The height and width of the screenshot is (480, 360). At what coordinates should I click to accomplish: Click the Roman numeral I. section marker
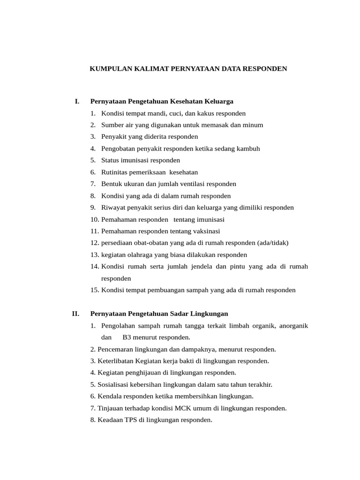(x=77, y=101)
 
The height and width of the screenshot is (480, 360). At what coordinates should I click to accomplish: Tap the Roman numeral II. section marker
(x=75, y=314)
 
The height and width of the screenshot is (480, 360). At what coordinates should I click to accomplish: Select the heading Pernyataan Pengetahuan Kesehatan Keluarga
(x=162, y=101)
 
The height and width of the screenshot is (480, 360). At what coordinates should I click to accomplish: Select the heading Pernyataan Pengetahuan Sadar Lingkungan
(x=159, y=314)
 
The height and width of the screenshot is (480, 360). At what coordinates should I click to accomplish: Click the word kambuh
(x=248, y=149)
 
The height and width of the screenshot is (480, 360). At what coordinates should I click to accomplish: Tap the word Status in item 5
(x=110, y=160)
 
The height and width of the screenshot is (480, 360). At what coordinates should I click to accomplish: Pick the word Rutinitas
(x=115, y=172)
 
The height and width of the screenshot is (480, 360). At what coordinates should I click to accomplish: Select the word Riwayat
(x=112, y=208)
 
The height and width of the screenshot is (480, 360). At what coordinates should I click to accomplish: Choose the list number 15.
(x=95, y=290)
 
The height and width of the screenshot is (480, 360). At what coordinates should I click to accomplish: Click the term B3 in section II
(x=127, y=337)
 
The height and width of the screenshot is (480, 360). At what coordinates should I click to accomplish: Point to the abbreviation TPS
(x=131, y=420)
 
